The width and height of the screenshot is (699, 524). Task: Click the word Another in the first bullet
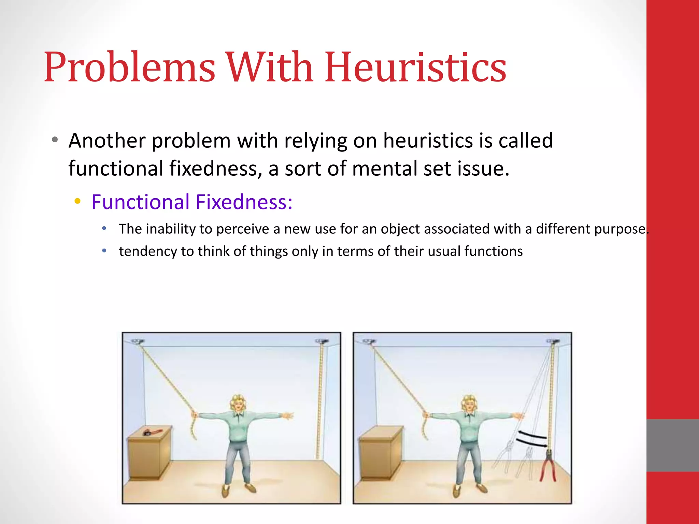tap(107, 141)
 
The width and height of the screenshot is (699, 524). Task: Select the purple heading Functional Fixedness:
tap(192, 202)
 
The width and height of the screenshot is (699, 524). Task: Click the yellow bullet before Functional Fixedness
tap(78, 201)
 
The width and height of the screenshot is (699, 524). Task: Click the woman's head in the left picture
tap(238, 403)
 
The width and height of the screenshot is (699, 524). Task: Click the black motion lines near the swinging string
tap(531, 439)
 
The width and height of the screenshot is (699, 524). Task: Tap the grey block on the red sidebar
tap(672, 445)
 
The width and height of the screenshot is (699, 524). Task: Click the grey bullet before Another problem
tap(55, 140)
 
